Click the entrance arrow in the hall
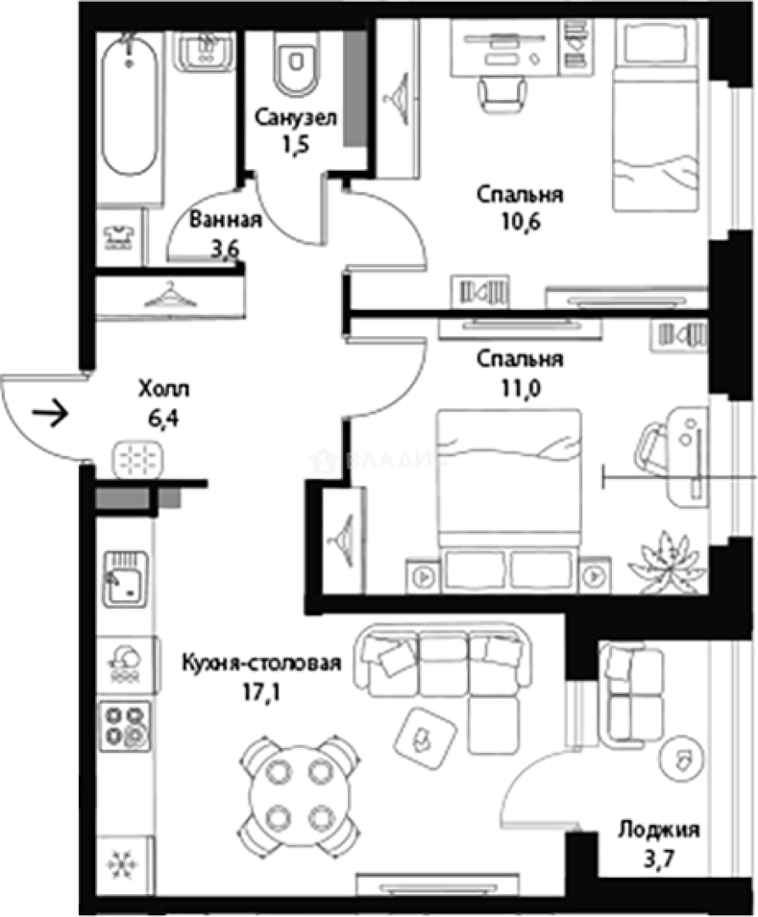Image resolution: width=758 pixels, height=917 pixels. [51, 415]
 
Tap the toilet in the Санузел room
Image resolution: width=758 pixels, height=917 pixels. [295, 64]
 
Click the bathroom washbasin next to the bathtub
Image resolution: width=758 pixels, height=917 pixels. [205, 49]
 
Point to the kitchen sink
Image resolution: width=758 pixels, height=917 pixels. [126, 577]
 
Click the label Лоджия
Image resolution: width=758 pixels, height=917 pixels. [659, 830]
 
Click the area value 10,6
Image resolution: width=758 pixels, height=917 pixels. [520, 224]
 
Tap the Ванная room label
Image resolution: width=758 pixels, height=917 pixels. [224, 221]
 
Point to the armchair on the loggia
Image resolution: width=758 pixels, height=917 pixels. [632, 692]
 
